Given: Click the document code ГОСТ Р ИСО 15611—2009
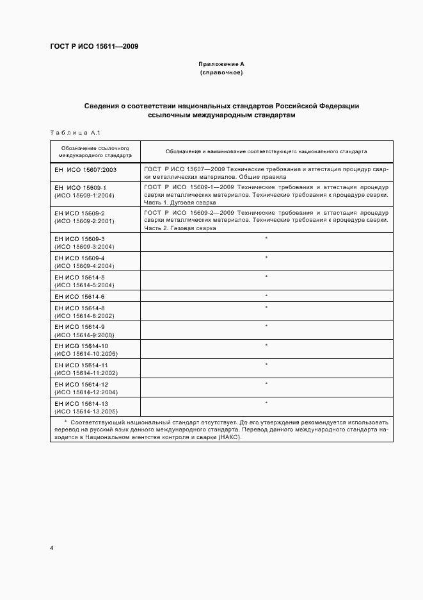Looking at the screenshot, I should [x=94, y=47].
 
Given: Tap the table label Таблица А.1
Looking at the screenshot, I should [x=72, y=133].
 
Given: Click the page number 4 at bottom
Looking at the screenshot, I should [x=52, y=549].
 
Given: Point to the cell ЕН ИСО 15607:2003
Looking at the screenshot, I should [x=85, y=169].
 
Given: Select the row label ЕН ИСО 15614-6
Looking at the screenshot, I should [x=79, y=296].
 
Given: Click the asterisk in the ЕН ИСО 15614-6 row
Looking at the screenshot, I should [x=266, y=296].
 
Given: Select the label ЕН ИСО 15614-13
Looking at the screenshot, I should [x=81, y=403].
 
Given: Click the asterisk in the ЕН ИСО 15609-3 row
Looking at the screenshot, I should [x=266, y=238].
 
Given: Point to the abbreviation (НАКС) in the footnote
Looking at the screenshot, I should [x=230, y=437].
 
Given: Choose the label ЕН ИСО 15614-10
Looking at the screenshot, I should [x=81, y=346].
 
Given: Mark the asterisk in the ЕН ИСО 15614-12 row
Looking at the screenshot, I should [x=266, y=384].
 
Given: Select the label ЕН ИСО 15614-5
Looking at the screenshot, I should [x=79, y=277].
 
